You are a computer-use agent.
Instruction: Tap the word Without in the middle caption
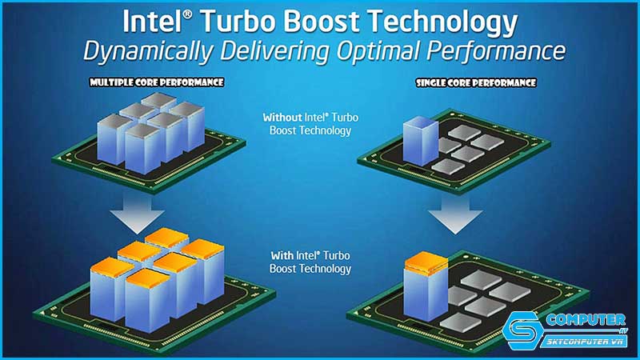pyautogui.click(x=283, y=117)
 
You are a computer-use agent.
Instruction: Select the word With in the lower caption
pyautogui.click(x=282, y=255)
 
